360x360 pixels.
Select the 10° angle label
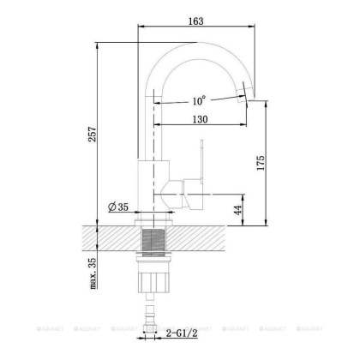click(x=197, y=101)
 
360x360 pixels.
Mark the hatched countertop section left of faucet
click(x=107, y=237)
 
